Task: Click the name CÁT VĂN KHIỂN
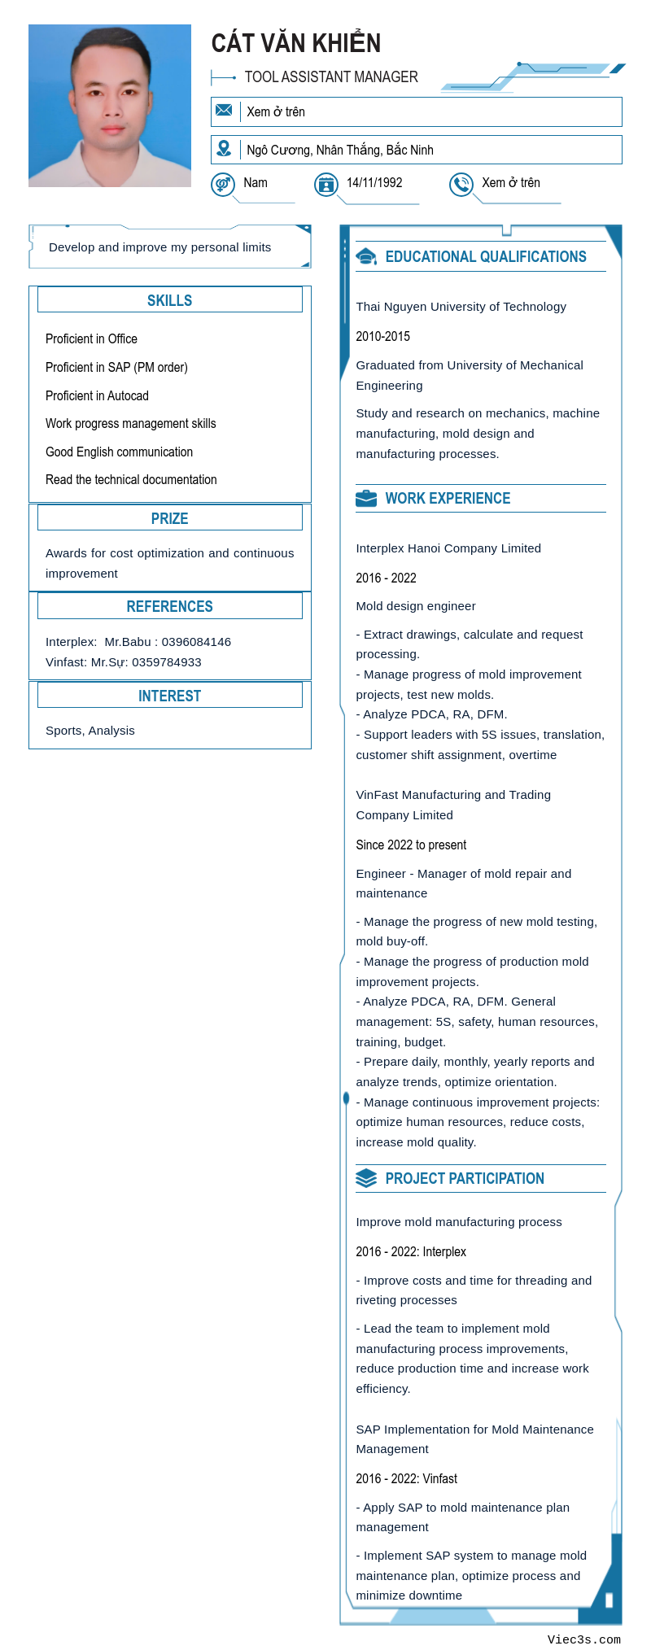coord(296,43)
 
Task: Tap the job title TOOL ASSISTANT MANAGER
coord(331,77)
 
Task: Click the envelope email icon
coord(224,110)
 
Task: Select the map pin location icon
coord(224,148)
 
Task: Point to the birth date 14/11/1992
coord(374,183)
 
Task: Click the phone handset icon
coord(461,185)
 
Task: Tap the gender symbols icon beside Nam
coord(223,185)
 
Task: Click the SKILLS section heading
coord(169,300)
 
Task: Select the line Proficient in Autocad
coord(97,395)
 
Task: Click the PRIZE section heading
coord(169,518)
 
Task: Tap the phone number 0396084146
coord(196,642)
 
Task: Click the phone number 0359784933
coord(167,662)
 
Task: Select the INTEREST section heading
coord(169,696)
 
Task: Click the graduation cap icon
coord(366,257)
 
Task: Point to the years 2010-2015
coord(382,336)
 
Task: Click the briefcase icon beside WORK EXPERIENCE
coord(366,498)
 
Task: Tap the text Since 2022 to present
coord(411,845)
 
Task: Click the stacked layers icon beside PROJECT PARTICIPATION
coord(366,1178)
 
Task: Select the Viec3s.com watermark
coord(583,1639)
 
